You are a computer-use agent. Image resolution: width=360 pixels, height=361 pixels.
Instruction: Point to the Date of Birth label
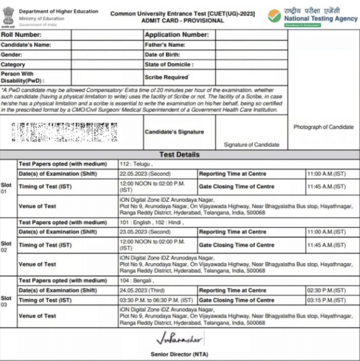point(163,55)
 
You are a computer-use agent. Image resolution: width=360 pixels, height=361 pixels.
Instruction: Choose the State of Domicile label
point(169,65)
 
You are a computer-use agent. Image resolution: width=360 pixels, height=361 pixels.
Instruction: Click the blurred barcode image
point(64,133)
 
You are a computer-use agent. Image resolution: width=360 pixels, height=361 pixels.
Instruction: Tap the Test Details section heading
point(179,155)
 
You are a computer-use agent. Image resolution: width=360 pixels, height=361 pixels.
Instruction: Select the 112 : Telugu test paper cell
point(137,164)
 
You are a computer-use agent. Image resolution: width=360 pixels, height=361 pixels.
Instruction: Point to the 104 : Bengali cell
point(137,281)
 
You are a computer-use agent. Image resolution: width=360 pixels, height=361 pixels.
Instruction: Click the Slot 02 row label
point(6,246)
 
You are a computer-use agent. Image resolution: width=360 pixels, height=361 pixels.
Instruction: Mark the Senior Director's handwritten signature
point(179,339)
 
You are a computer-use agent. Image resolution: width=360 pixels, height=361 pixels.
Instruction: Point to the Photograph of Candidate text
point(323,127)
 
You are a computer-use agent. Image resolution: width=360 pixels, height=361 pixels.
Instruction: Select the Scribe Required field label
point(167,77)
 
